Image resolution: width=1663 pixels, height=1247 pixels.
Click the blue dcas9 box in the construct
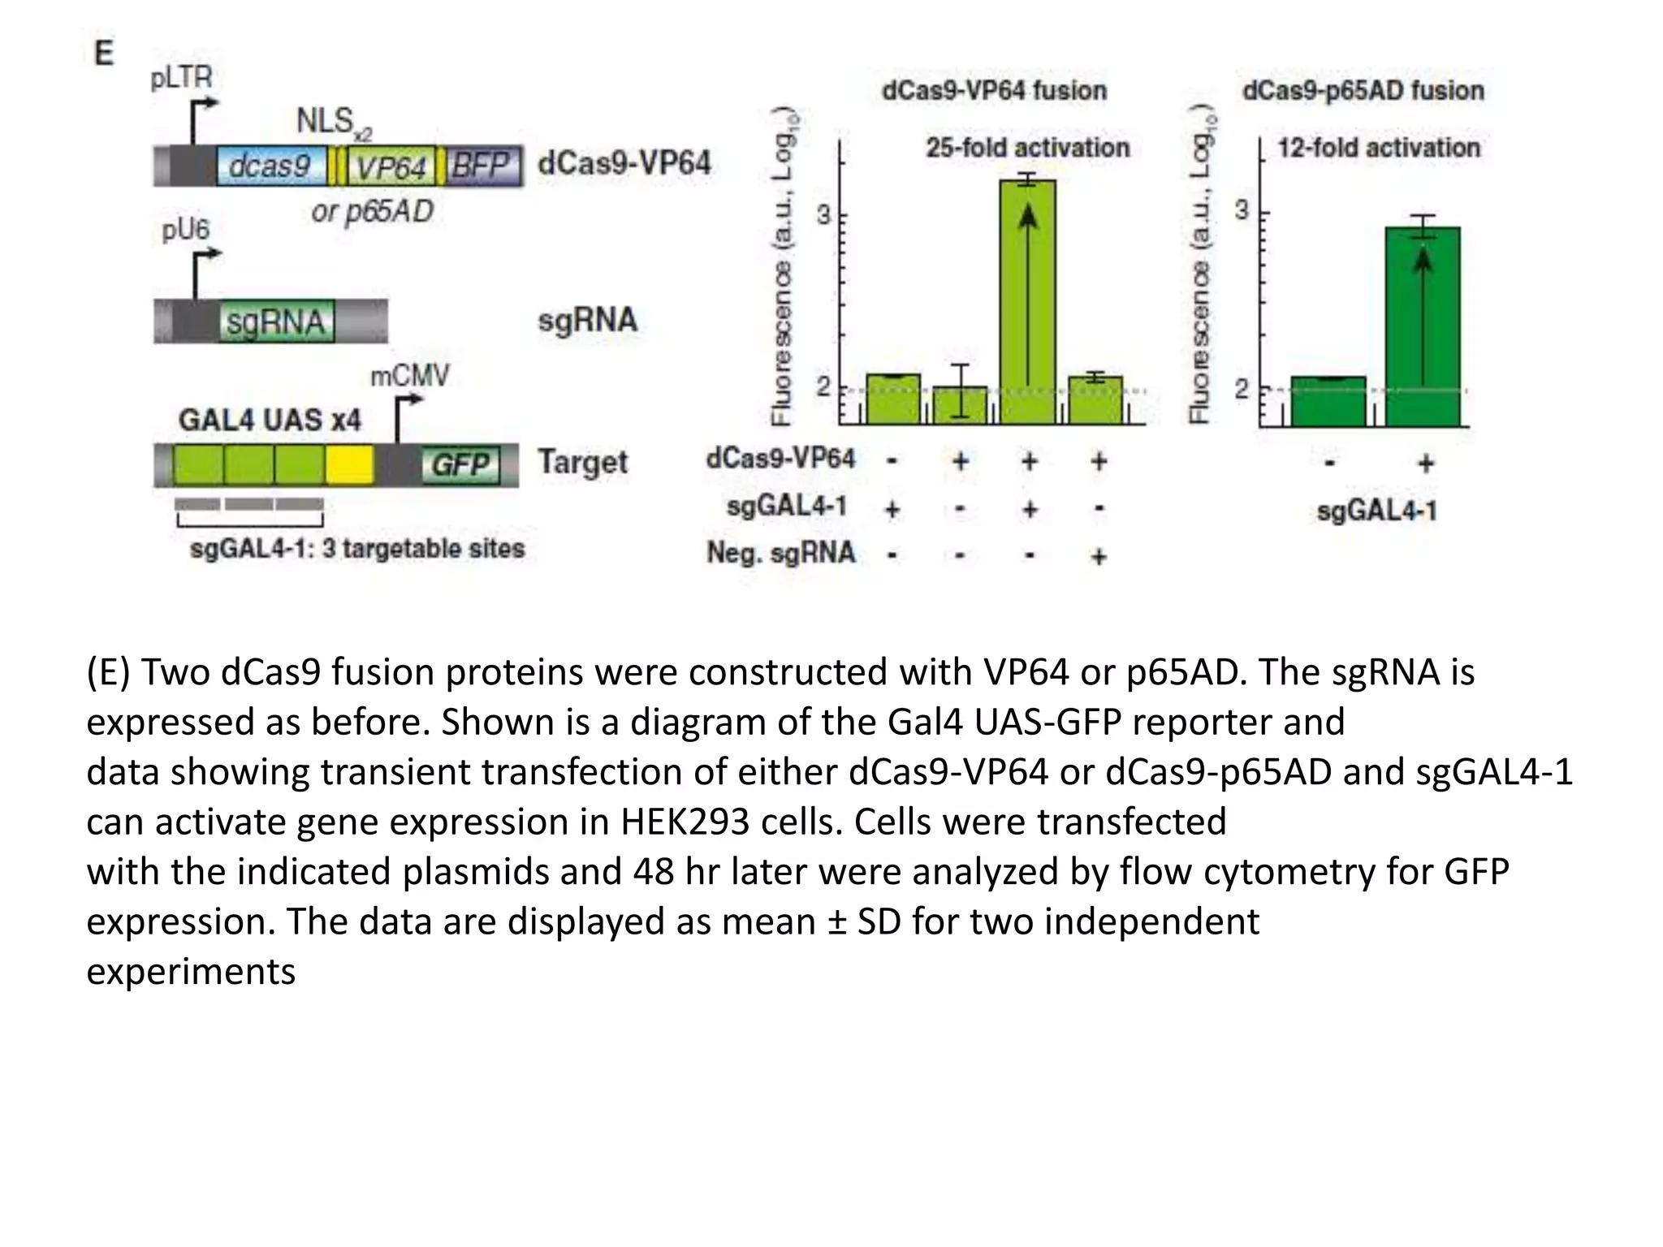(270, 166)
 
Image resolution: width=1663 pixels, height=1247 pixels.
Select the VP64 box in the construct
(391, 167)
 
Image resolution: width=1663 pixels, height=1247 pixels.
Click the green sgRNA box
(276, 322)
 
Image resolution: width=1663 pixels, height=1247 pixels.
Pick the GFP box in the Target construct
(460, 465)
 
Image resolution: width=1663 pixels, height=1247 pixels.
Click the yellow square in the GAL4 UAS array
(349, 465)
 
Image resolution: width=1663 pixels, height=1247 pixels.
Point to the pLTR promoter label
(181, 78)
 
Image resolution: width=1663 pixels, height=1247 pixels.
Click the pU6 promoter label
(185, 230)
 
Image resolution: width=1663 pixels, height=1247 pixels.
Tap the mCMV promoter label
(409, 376)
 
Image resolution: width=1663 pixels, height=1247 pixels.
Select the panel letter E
(104, 54)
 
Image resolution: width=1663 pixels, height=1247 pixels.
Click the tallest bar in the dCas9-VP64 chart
(1028, 300)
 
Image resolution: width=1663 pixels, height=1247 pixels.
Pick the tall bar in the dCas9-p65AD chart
(1422, 325)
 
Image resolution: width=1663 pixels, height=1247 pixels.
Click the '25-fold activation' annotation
(1028, 148)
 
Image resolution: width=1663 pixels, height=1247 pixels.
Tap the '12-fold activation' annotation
(1378, 148)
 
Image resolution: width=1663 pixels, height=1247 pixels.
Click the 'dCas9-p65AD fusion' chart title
(1363, 90)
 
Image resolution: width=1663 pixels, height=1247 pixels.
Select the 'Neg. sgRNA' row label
(780, 553)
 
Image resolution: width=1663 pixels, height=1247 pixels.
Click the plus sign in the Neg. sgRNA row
(1099, 556)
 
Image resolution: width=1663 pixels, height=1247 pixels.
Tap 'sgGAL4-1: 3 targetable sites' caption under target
(357, 549)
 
